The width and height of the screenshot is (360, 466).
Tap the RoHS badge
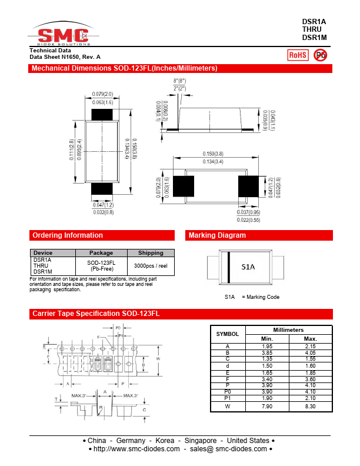297,55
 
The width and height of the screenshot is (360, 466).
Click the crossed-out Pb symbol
321,55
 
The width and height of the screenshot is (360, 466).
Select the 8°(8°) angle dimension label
179,81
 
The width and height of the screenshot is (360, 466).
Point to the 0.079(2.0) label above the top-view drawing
103,94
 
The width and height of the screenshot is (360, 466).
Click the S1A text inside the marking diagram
248,267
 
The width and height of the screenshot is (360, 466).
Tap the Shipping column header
151,253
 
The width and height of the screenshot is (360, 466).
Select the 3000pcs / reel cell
151,266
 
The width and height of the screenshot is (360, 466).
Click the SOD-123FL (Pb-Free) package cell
101,266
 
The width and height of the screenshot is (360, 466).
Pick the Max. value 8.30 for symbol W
310,406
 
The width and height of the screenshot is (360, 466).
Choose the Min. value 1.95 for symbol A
267,346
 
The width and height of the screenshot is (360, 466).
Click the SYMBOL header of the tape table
228,334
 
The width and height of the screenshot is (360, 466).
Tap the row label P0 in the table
228,391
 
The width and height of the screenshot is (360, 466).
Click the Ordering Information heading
68,235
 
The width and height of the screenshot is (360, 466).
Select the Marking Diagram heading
217,235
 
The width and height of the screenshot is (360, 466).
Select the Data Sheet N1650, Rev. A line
65,56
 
